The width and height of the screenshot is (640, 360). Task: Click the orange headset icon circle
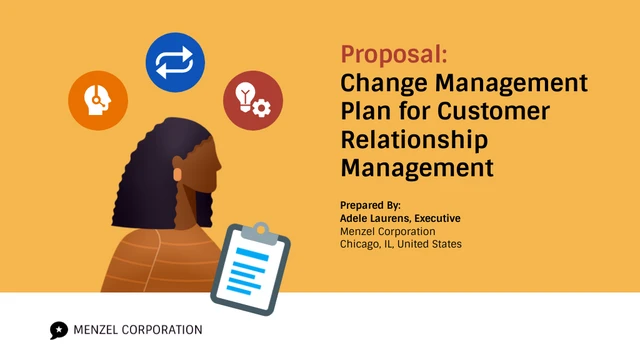pyautogui.click(x=98, y=100)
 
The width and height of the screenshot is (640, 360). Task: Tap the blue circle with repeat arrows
pyautogui.click(x=175, y=62)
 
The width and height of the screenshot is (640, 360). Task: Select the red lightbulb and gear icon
pyautogui.click(x=252, y=100)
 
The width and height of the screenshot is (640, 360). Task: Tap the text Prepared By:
pyautogui.click(x=371, y=205)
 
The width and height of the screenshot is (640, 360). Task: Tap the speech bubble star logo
pyautogui.click(x=59, y=330)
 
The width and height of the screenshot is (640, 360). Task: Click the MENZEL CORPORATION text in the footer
pyautogui.click(x=137, y=330)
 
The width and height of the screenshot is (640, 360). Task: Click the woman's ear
pyautogui.click(x=181, y=173)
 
